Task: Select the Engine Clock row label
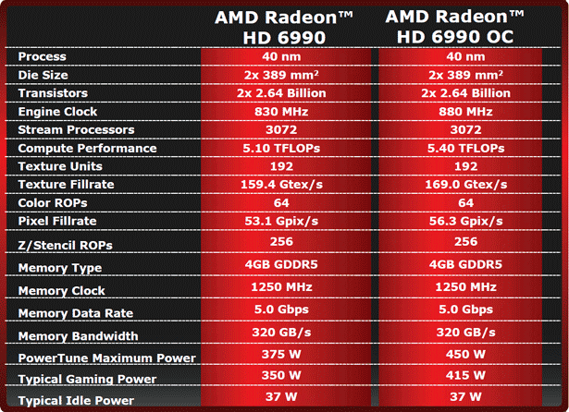(58, 112)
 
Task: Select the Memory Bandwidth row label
(78, 336)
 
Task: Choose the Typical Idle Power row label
(76, 401)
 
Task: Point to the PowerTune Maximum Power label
(106, 358)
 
